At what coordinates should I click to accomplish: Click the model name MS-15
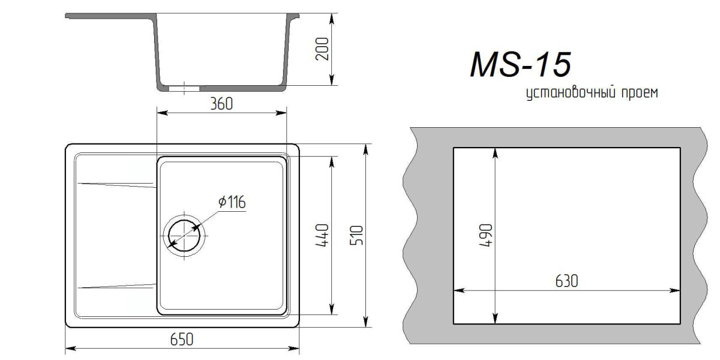click(x=520, y=65)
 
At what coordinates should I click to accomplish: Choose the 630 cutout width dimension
click(x=566, y=281)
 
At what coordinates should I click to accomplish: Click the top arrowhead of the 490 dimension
click(x=495, y=152)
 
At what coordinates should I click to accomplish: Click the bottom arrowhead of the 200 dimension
click(x=332, y=85)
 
